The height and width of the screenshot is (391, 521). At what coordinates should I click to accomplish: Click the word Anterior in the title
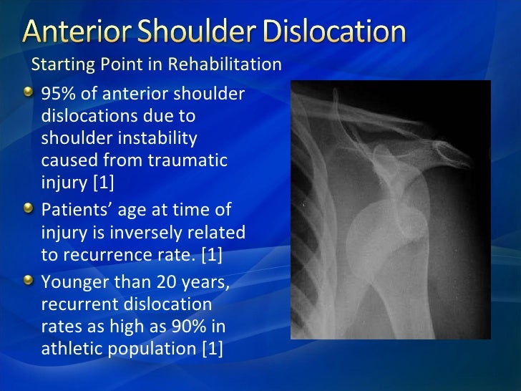point(79,33)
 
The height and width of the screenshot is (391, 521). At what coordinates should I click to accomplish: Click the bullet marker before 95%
point(26,93)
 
